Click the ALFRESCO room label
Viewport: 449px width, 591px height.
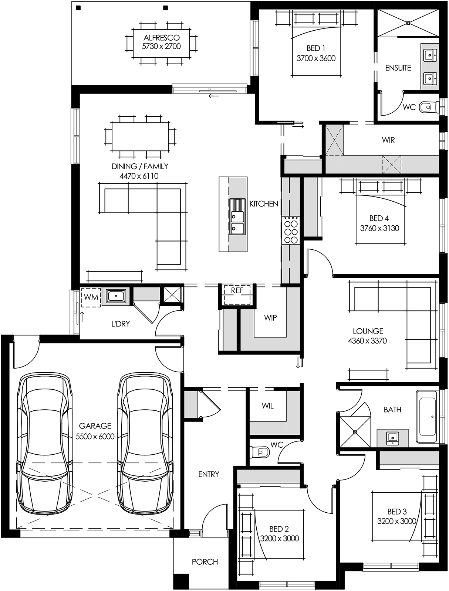coord(161,38)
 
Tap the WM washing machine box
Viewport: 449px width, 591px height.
coord(91,297)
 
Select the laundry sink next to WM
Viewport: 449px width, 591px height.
coord(116,296)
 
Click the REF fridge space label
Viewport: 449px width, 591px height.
coord(237,291)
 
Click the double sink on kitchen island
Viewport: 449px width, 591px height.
coord(237,216)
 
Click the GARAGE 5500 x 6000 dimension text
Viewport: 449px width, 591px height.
coord(95,437)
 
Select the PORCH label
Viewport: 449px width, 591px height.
coord(205,562)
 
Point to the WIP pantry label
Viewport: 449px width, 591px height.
coord(270,318)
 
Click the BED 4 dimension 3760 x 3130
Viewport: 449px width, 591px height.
coord(379,228)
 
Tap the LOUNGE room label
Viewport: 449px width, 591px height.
coord(368,331)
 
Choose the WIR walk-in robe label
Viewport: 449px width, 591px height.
coord(388,140)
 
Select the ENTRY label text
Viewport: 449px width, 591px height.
coord(209,474)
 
